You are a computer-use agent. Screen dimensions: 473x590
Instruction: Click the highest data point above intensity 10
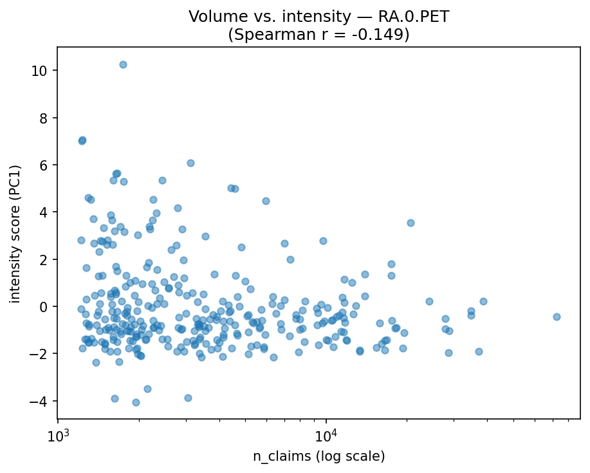tap(123, 64)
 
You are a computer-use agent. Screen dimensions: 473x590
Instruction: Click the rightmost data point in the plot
tap(557, 317)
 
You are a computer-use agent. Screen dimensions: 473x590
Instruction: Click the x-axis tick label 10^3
tap(59, 436)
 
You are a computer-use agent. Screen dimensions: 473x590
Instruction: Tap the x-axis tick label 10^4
tap(326, 436)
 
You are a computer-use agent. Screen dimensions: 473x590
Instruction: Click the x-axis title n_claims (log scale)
tap(318, 456)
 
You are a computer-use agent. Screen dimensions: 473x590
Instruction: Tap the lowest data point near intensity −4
tap(136, 402)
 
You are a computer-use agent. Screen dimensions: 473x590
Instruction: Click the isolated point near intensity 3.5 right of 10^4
tap(410, 223)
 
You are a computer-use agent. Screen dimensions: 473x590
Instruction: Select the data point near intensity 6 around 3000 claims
tap(190, 163)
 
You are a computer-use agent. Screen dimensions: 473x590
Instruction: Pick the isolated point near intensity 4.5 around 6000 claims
tap(266, 201)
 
